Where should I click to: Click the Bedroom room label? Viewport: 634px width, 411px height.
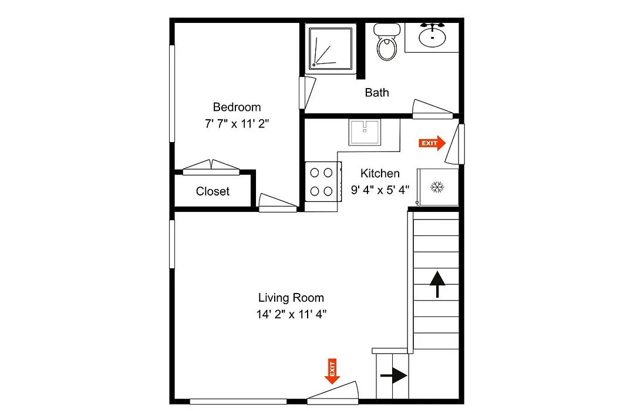(237, 107)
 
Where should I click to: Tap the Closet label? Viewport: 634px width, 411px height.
(213, 191)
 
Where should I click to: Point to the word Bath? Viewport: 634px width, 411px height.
(377, 93)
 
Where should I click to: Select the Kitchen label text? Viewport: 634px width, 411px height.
(380, 174)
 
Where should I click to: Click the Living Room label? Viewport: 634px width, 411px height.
(291, 298)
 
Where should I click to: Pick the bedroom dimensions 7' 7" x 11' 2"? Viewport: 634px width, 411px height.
(237, 123)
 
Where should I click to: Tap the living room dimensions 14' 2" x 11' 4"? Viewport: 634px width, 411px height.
(291, 314)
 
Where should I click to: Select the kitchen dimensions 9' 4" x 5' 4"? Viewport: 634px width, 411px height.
(380, 190)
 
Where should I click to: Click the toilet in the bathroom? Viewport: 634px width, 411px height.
(387, 42)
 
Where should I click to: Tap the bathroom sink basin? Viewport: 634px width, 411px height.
(432, 37)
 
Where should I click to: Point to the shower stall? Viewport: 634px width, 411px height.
(331, 49)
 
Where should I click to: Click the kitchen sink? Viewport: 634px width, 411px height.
(365, 132)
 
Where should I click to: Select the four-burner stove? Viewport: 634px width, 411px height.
(323, 181)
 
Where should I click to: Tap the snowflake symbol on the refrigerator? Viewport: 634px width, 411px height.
(437, 187)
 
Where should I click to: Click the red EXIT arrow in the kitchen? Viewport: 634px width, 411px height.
(432, 143)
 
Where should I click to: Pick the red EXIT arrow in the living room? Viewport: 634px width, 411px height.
(332, 371)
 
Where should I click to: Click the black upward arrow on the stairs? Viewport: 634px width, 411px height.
(437, 284)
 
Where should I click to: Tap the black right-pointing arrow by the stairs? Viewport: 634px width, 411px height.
(393, 376)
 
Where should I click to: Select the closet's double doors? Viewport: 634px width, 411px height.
(211, 167)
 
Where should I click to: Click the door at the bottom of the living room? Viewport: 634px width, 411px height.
(333, 393)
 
